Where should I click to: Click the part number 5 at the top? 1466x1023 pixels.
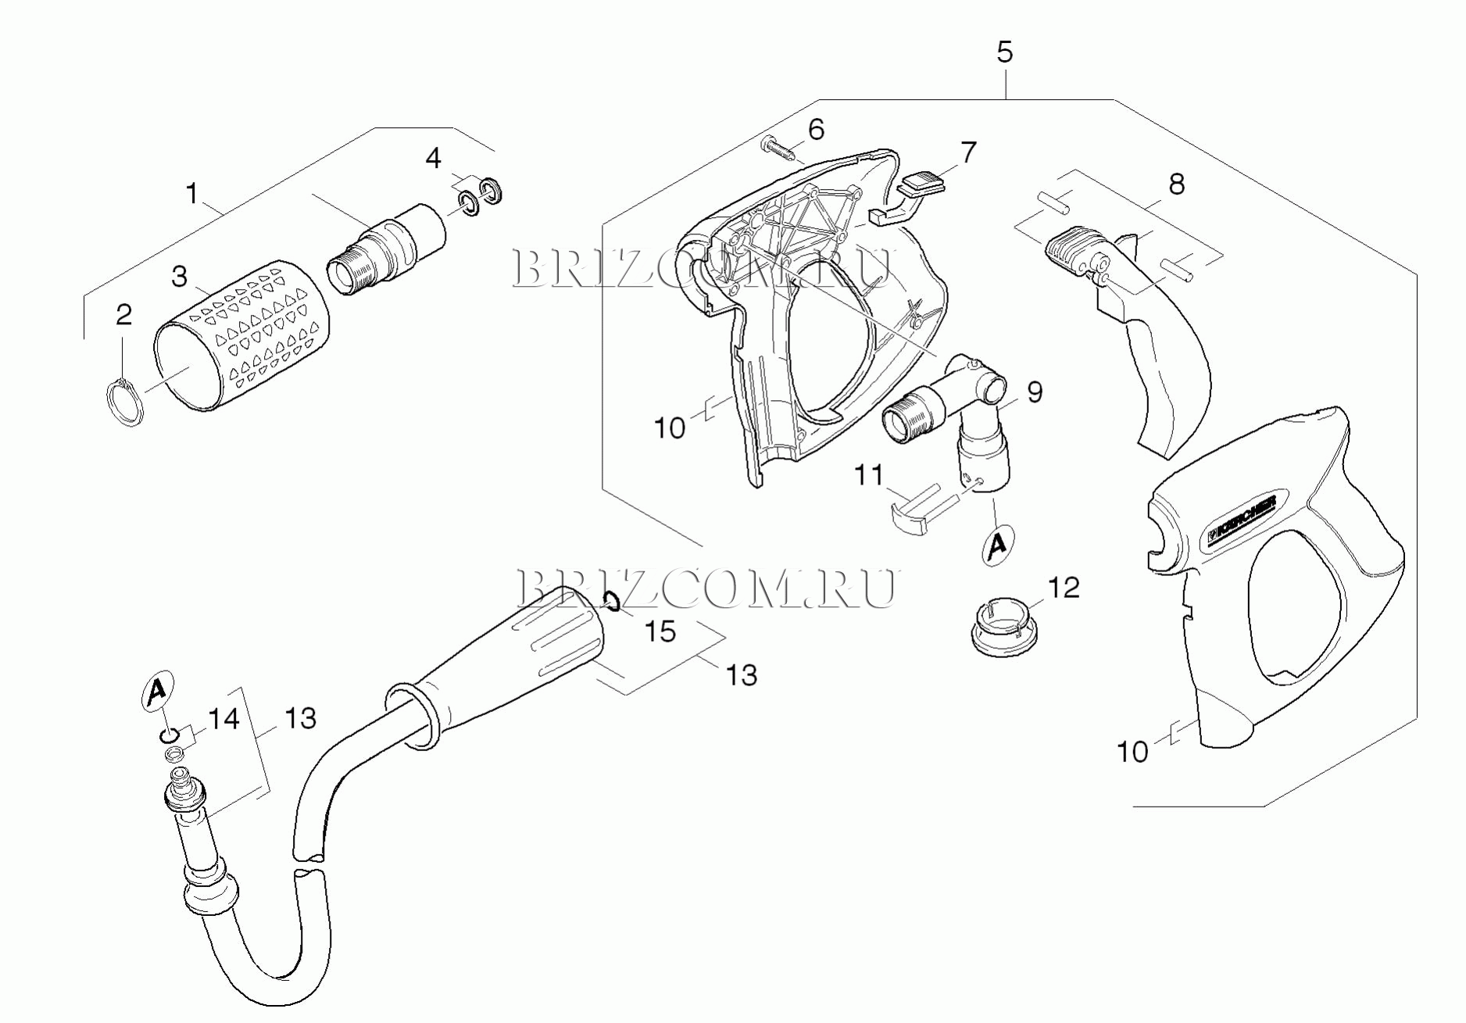point(1004,52)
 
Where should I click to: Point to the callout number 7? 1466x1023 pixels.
point(968,152)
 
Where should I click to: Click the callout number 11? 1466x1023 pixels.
point(868,474)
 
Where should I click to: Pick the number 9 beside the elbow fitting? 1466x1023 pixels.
point(1034,392)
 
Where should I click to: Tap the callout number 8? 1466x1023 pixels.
point(1176,184)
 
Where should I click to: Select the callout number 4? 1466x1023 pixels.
point(433,159)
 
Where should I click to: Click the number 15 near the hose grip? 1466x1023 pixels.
point(660,631)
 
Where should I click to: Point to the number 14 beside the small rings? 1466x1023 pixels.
point(223,718)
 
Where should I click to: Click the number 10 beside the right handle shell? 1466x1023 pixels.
point(1132,752)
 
